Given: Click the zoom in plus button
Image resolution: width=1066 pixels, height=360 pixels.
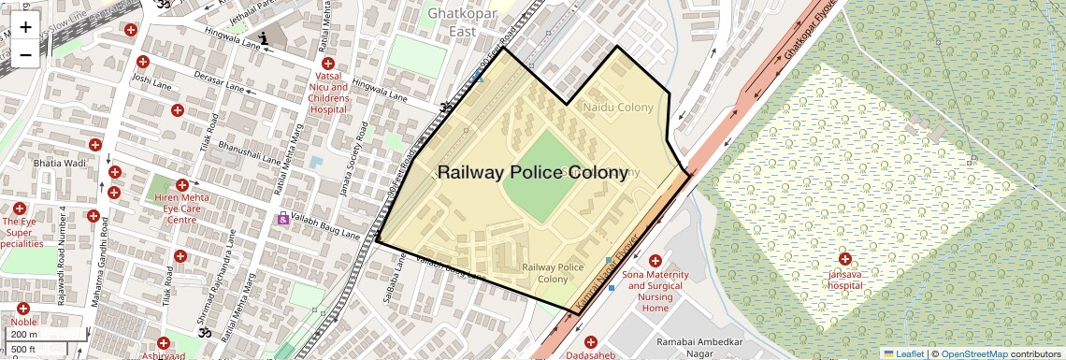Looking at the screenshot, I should [25, 27].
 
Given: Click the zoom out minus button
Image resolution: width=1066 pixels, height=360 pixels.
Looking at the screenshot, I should [25, 54].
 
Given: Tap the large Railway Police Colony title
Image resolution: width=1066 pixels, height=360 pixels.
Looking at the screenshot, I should [532, 172].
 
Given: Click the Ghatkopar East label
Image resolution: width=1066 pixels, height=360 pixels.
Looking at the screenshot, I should [459, 22].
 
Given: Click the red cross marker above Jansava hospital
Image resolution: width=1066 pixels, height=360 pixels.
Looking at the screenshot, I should [845, 259].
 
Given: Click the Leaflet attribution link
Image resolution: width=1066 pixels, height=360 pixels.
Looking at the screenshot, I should [904, 353].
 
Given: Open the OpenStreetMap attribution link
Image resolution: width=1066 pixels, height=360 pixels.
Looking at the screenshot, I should [973, 353].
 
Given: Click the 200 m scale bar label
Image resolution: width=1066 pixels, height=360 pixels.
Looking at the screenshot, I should [23, 334].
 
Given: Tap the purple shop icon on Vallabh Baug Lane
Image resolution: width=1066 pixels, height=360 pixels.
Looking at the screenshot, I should [282, 218].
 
